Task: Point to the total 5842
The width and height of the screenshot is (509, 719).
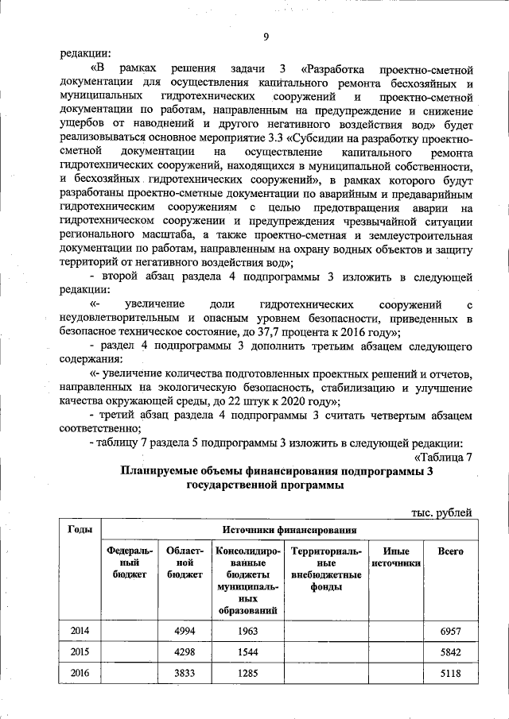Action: [x=451, y=651]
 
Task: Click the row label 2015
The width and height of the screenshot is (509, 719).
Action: [x=80, y=651]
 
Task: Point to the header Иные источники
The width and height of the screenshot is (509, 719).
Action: [x=396, y=557]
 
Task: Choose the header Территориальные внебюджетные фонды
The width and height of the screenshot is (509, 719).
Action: [x=327, y=568]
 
